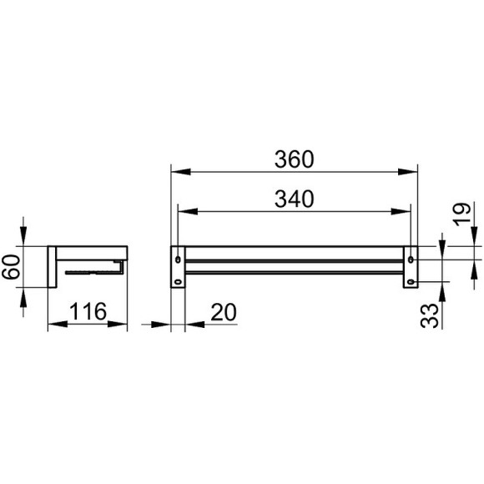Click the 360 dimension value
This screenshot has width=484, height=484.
click(x=294, y=159)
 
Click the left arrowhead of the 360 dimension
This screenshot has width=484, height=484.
click(x=176, y=174)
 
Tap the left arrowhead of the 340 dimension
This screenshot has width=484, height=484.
click(x=183, y=214)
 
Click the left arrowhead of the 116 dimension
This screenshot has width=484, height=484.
click(x=53, y=324)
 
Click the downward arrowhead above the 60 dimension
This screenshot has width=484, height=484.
click(x=23, y=239)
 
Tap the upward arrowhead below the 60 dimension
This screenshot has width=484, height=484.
click(x=23, y=295)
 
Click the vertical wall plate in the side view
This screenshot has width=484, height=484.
click(x=51, y=267)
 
